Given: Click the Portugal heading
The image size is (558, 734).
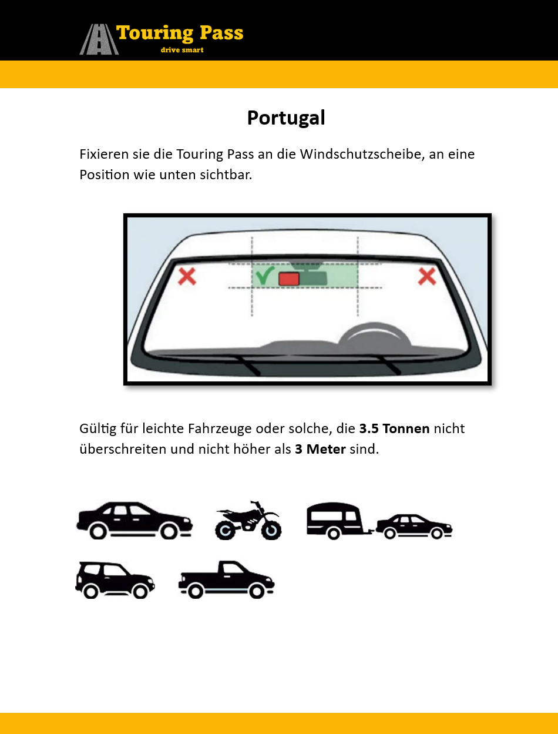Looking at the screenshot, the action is coord(286,118).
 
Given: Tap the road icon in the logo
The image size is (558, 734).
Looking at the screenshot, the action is coord(99,39).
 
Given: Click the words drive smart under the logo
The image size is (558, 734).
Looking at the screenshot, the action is coord(182,50).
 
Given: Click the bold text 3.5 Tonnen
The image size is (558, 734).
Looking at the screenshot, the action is coord(394,428).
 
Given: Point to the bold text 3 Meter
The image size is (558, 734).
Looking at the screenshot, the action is coord(320,449).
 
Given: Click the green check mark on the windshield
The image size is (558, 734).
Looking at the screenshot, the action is coord(265,275).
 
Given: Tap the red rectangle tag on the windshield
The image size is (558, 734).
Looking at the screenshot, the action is coord(289,279).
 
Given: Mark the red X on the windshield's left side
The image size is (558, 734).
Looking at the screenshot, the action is coord(187,277).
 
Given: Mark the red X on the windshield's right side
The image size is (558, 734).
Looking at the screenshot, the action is coord(427,277).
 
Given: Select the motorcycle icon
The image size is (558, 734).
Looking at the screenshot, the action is coord(248,520).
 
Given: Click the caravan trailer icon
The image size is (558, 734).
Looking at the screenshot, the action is coord(338,521).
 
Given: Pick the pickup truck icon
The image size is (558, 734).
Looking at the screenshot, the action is coord(227,579).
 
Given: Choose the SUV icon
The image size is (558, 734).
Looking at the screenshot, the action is coord(115,580).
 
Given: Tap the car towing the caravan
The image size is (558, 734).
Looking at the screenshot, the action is coord(414,527).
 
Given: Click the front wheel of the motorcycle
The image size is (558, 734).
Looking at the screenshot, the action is coord(271,530).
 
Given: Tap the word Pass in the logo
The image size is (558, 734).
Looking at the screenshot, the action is coord(221,33).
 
